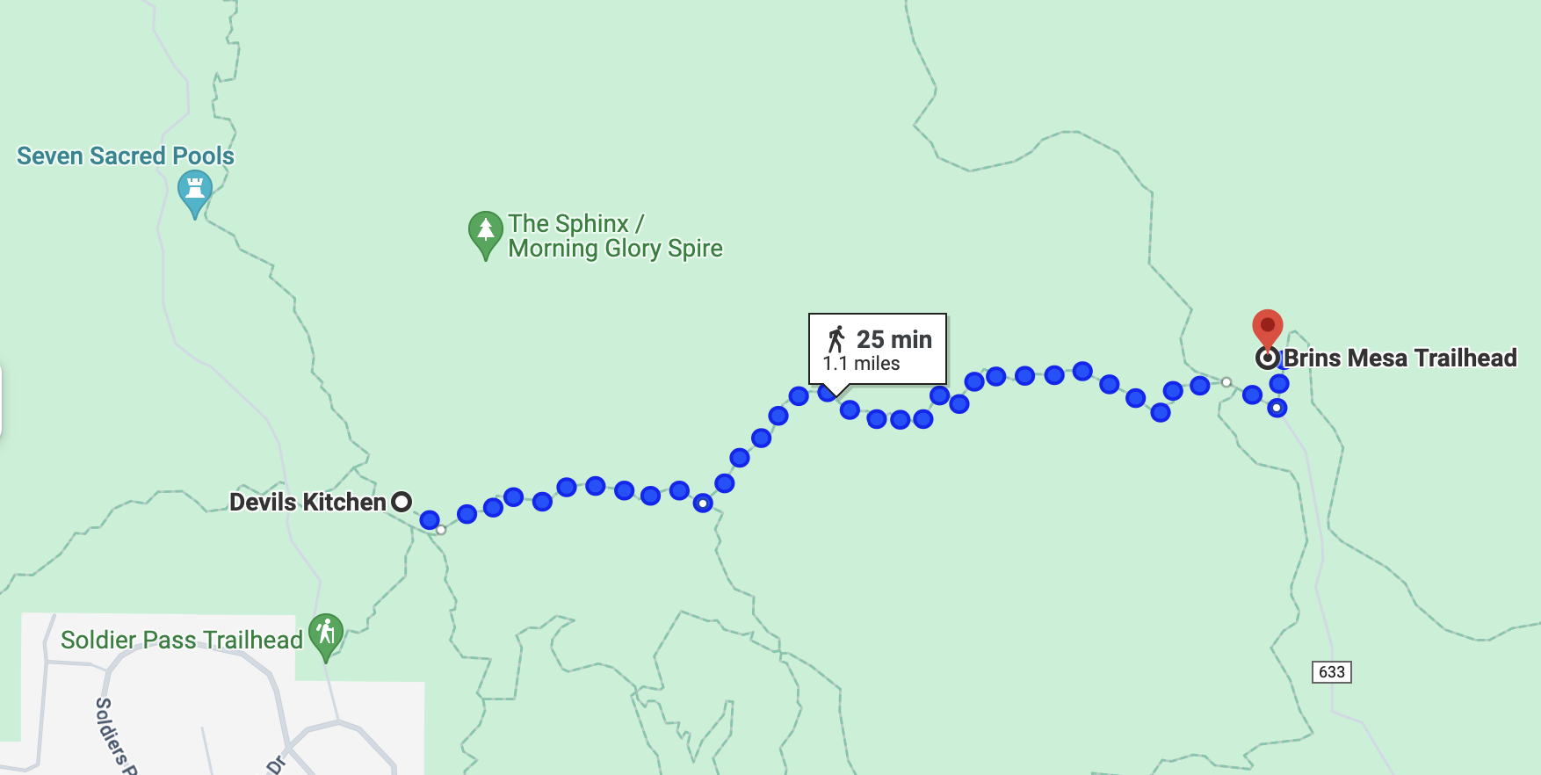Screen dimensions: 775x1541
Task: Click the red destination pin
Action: [1267, 327]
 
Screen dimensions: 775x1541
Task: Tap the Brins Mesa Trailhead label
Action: [1400, 359]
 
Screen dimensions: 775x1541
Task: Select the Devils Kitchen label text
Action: [307, 502]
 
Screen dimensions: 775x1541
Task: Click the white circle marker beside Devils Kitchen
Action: [402, 502]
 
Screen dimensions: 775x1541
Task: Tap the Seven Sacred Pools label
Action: [126, 156]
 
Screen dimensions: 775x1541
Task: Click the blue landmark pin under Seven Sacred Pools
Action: [194, 190]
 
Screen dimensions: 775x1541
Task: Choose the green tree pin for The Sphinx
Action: [485, 232]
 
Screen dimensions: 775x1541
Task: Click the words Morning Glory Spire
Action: [615, 249]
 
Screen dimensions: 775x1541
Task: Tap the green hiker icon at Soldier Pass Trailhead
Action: [326, 634]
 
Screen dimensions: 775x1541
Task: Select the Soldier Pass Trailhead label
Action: [181, 640]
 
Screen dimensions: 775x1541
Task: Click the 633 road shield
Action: [1331, 672]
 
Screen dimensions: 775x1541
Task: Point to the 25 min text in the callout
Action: [893, 339]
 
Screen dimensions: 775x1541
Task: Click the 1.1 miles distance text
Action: [861, 364]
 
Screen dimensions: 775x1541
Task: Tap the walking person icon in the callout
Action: [836, 339]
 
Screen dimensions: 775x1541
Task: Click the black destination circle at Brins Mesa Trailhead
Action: [1267, 359]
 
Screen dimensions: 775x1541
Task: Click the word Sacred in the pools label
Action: [127, 156]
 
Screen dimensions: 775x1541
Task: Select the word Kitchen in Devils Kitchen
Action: [344, 502]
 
